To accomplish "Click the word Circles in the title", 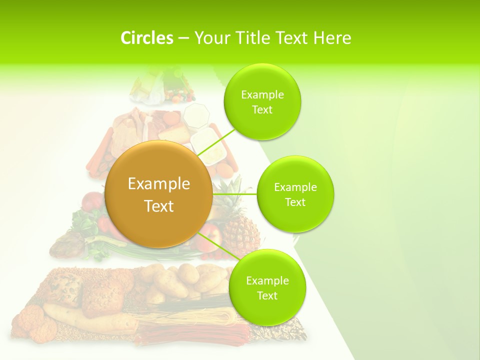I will tap(146, 38).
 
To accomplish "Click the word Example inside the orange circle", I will tap(158, 183).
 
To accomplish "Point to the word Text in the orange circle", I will tap(158, 206).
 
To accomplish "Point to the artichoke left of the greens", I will tap(67, 245).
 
